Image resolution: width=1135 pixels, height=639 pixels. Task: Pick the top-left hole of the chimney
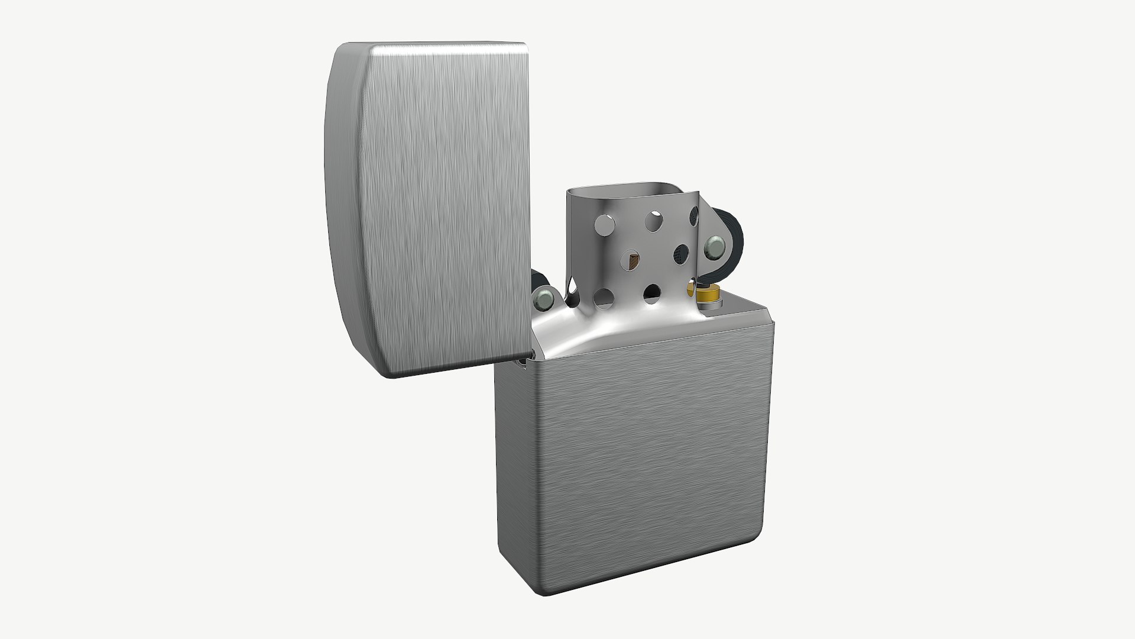(x=604, y=225)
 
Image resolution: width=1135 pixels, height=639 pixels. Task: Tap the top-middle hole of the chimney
(x=654, y=220)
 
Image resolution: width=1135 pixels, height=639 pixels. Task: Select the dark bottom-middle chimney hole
(x=652, y=292)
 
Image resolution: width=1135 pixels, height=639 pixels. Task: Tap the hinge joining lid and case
(x=524, y=362)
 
